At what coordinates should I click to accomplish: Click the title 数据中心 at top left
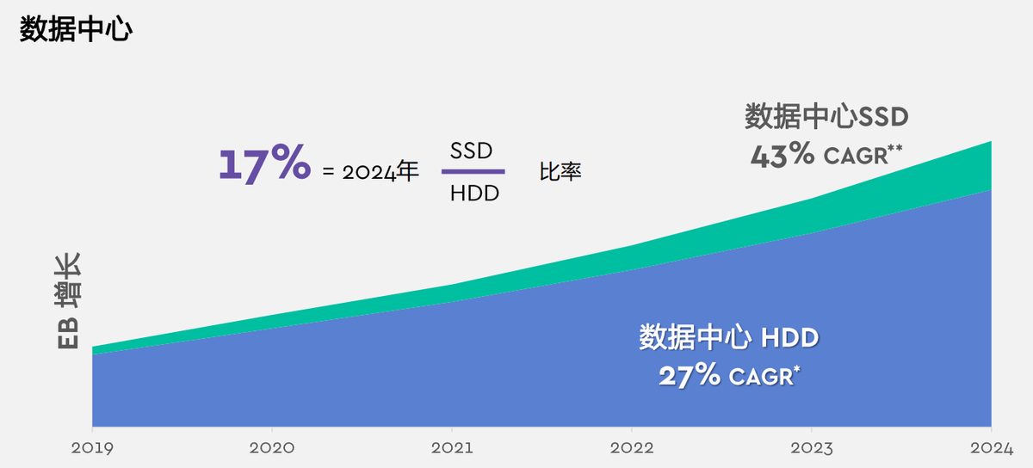click(x=75, y=29)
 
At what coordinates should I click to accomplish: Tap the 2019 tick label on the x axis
click(x=92, y=448)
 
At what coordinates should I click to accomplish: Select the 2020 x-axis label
click(x=272, y=448)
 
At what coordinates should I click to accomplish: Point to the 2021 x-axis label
click(x=452, y=448)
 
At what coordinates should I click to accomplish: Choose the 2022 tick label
click(x=632, y=448)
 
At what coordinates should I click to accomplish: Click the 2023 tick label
click(x=812, y=448)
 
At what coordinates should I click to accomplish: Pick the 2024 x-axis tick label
click(x=991, y=448)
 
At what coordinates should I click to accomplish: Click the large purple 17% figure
click(x=263, y=163)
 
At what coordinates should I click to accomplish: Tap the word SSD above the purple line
click(x=471, y=151)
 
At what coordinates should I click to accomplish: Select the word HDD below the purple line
click(x=474, y=194)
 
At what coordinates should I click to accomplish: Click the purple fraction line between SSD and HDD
click(x=473, y=172)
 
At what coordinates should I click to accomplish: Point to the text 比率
click(x=560, y=172)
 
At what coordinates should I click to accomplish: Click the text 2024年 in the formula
click(x=380, y=172)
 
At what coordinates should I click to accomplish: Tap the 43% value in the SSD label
click(x=782, y=155)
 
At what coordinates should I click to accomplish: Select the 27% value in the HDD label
click(x=690, y=376)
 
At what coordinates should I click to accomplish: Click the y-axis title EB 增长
click(x=68, y=301)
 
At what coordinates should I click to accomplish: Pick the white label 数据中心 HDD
click(x=728, y=337)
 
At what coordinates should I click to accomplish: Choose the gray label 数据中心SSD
click(x=826, y=115)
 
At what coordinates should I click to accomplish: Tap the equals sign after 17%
click(x=327, y=172)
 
